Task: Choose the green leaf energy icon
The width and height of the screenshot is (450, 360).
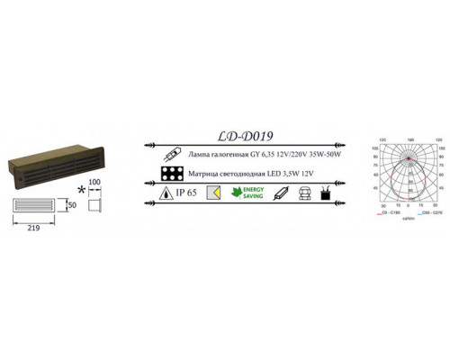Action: click(238, 192)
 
